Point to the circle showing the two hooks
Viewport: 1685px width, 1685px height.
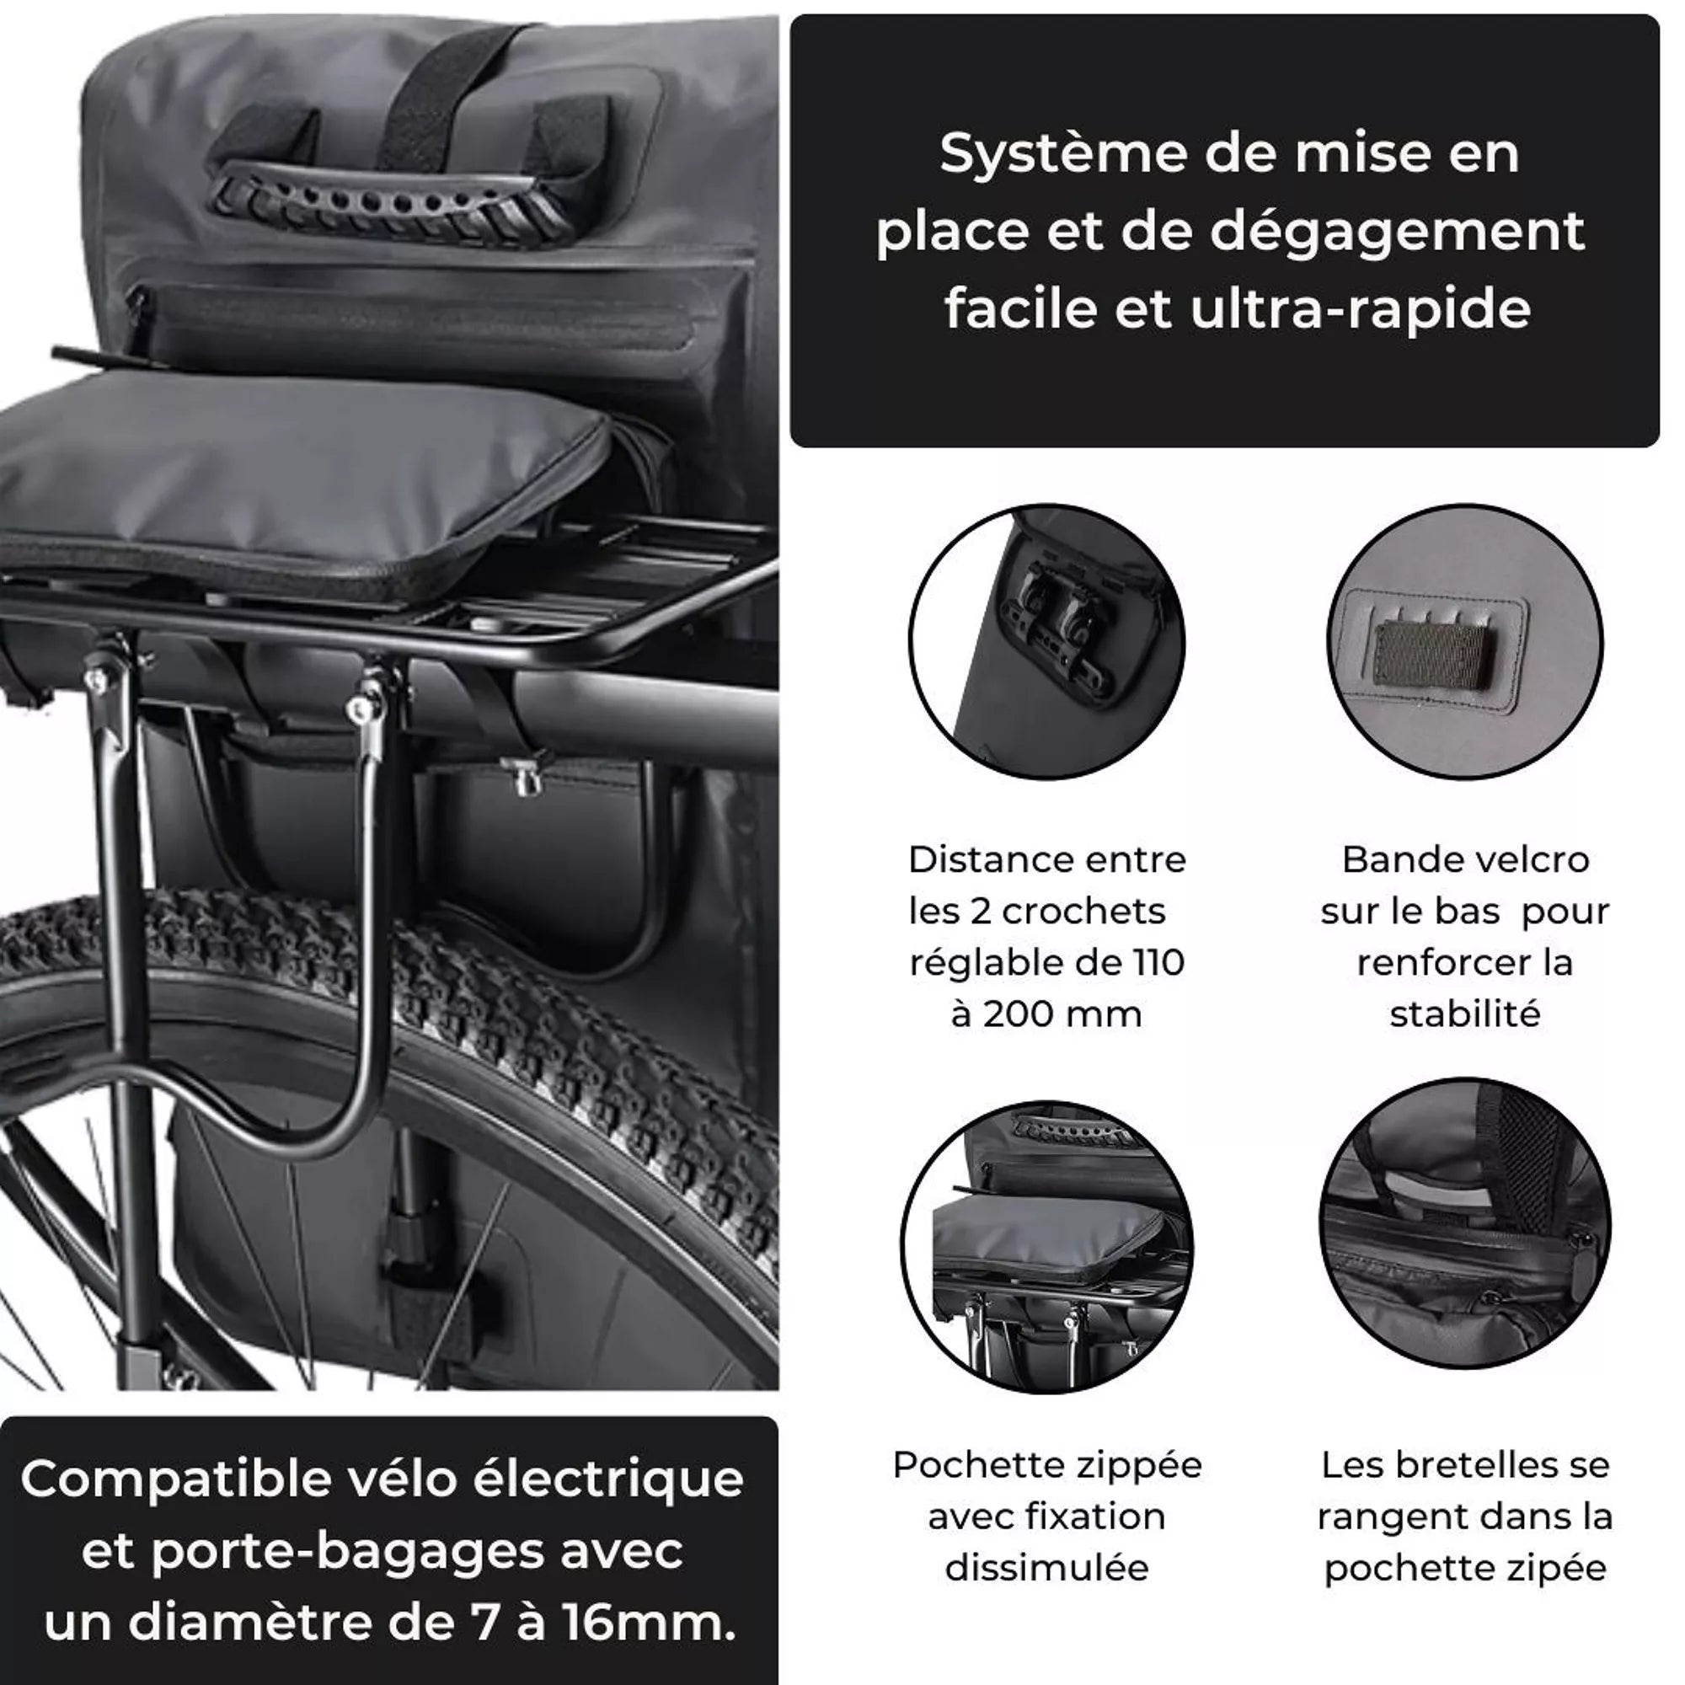point(1046,642)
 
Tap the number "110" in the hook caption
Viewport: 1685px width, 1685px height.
point(1159,963)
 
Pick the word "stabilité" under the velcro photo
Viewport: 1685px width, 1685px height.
point(1465,1014)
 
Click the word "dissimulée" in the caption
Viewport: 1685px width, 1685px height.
point(1046,1568)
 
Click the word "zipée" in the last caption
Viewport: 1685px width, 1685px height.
point(1559,1568)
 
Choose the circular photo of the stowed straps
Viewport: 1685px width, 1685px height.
point(1465,1224)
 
